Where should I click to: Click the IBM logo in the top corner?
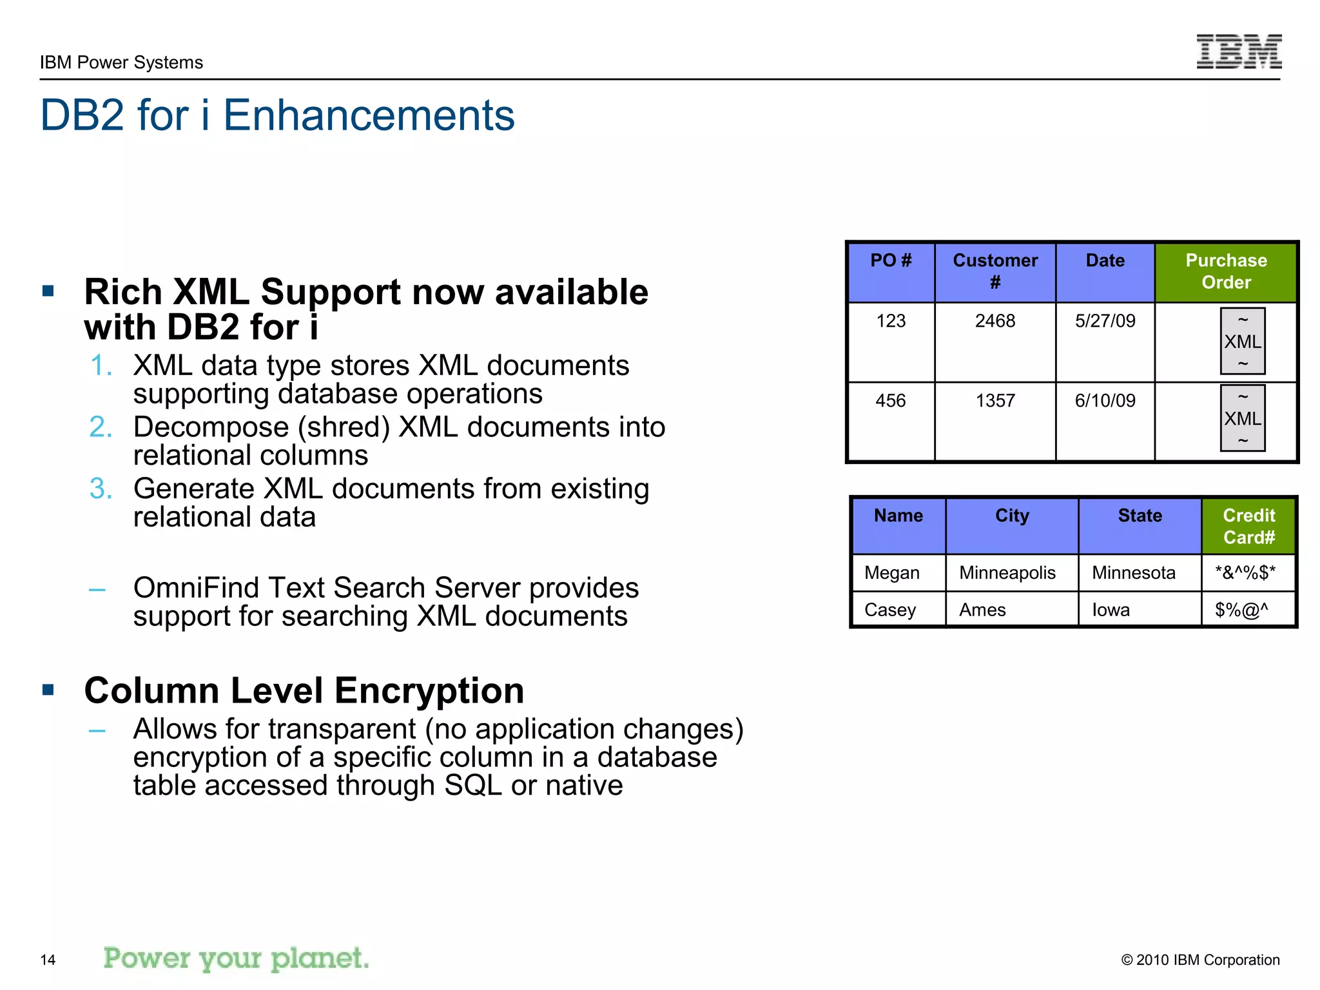pos(1238,52)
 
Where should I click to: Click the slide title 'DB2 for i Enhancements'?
pos(277,115)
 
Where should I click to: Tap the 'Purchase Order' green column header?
pos(1225,271)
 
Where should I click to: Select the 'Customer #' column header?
pos(995,271)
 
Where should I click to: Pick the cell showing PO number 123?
pos(891,321)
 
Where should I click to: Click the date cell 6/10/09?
pos(1105,401)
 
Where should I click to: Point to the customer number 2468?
pos(995,321)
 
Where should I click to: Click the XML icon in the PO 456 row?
pos(1242,418)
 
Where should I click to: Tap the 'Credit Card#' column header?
pos(1248,526)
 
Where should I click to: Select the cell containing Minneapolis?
pos(1007,573)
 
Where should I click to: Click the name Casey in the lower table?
pos(889,610)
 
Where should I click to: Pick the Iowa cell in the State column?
pos(1111,610)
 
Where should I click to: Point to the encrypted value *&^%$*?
pos(1245,573)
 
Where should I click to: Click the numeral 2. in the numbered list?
pos(101,427)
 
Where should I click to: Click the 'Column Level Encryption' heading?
pos(304,691)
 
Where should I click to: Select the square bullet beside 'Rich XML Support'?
pos(48,291)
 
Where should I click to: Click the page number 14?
pos(48,960)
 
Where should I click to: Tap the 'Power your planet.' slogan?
pos(236,958)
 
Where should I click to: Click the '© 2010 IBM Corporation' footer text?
pos(1200,960)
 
